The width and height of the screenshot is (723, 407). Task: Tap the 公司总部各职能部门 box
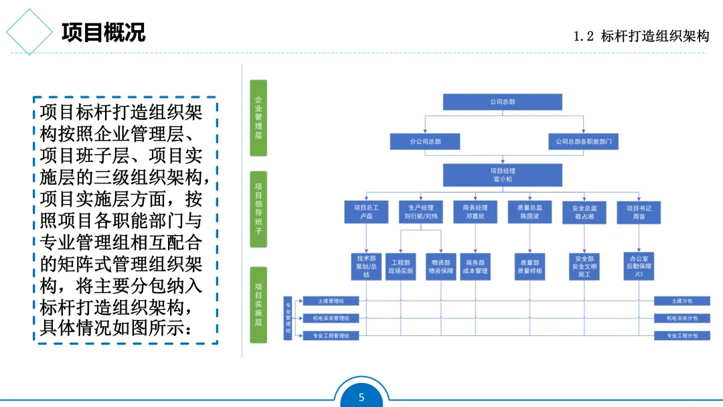click(583, 142)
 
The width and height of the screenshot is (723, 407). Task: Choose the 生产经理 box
click(420, 212)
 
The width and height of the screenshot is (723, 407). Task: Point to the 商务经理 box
click(475, 212)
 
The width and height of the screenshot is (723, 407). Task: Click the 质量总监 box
click(530, 212)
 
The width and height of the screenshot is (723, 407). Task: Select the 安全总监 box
click(584, 212)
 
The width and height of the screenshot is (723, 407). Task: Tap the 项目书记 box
click(638, 212)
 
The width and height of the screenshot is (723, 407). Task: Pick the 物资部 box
click(440, 266)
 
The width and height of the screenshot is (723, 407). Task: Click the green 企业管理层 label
click(258, 118)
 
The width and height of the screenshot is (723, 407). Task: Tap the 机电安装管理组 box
click(331, 318)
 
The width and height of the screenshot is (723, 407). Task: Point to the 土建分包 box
click(681, 301)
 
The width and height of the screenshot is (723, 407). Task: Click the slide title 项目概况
click(103, 32)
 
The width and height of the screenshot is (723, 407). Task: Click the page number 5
click(361, 398)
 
